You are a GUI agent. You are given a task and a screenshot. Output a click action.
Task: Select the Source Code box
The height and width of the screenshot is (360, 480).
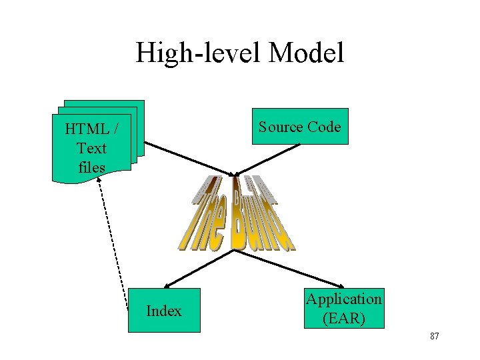pyautogui.click(x=300, y=127)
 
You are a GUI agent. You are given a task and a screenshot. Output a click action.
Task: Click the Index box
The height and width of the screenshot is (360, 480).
pyautogui.click(x=164, y=310)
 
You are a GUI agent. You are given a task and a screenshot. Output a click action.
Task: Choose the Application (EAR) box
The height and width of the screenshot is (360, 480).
pyautogui.click(x=344, y=309)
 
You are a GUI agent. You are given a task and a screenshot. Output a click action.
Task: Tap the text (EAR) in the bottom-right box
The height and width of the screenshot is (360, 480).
pyautogui.click(x=344, y=318)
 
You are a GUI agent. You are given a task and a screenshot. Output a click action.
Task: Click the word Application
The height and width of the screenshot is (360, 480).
pyautogui.click(x=344, y=299)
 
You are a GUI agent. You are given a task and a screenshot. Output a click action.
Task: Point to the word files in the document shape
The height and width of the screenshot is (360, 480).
pyautogui.click(x=91, y=167)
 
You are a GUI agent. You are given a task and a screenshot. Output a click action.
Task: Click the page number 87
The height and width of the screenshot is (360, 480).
pyautogui.click(x=434, y=336)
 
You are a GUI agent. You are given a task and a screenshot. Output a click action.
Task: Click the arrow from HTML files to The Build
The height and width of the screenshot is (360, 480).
pyautogui.click(x=187, y=157)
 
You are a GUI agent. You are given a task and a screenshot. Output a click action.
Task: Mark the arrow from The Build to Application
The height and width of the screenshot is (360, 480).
pyautogui.click(x=303, y=273)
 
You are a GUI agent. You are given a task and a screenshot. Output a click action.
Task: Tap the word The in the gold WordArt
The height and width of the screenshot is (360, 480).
pyautogui.click(x=203, y=217)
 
